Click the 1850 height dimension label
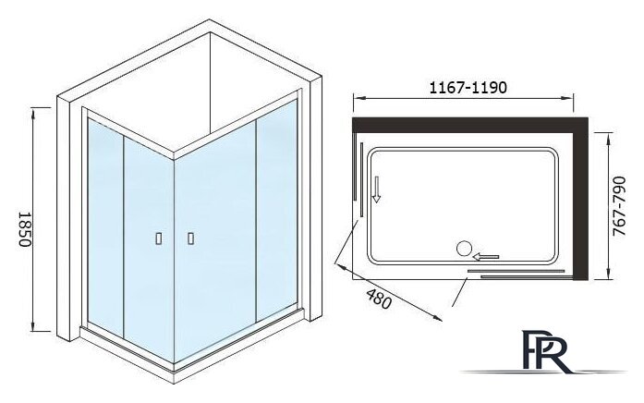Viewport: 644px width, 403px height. [x=26, y=229]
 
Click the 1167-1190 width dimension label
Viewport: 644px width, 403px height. [x=468, y=88]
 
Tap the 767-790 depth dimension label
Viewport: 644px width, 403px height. [x=619, y=206]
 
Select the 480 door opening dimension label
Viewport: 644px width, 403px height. [x=379, y=299]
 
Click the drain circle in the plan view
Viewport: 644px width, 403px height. [x=464, y=249]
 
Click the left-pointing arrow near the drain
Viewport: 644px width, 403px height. [x=486, y=257]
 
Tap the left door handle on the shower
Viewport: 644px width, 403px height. [x=159, y=238]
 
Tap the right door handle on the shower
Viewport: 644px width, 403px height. [x=190, y=238]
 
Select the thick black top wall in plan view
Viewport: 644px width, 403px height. [x=470, y=125]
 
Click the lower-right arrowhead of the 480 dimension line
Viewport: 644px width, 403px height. [x=437, y=318]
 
